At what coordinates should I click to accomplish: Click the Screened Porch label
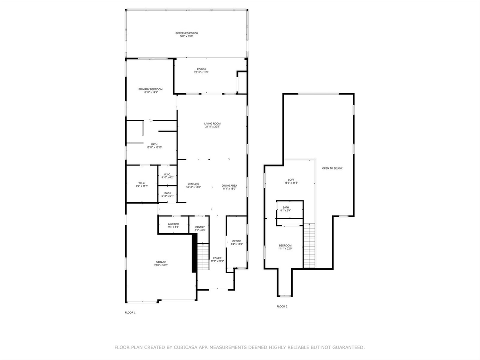pos(186,33)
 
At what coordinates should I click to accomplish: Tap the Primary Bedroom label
pos(150,89)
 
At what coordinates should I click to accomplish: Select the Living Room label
pos(212,124)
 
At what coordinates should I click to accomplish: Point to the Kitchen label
pos(193,185)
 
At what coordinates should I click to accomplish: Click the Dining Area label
pos(229,185)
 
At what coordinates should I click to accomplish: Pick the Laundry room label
pos(173,224)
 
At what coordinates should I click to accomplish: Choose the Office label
pos(237,241)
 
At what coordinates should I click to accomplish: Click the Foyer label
pos(217,258)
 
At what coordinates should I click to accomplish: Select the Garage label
pos(160,262)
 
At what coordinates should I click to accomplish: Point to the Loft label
pos(291,180)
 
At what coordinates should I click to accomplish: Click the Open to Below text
pos(332,168)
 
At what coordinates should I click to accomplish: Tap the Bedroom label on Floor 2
pos(285,245)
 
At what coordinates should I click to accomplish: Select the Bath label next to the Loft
pos(286,207)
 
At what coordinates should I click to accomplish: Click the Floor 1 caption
pos(130,312)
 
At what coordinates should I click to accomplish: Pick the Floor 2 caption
pos(282,306)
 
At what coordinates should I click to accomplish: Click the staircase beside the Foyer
pos(203,257)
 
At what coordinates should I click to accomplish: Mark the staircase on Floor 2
pos(309,245)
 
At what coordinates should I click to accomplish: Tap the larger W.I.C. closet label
pos(142,183)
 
